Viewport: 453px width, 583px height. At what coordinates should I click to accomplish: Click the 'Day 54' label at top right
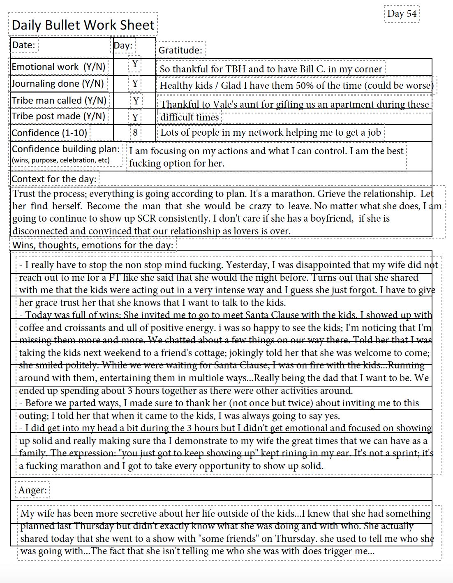(402, 14)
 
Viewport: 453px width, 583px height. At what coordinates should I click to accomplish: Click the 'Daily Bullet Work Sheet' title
(83, 25)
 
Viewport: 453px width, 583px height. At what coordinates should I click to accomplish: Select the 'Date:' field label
(24, 45)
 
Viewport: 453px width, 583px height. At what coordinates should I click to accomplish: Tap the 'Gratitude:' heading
(180, 50)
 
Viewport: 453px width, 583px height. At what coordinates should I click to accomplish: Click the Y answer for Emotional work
(135, 64)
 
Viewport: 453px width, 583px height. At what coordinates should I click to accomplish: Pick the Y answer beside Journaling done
(135, 84)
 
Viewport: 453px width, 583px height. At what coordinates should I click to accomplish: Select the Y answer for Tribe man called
(136, 101)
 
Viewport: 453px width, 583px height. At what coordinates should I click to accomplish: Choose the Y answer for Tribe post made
(135, 118)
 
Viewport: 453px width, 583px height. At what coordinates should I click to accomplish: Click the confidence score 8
(135, 133)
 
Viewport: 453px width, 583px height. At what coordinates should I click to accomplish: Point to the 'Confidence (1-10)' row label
(50, 133)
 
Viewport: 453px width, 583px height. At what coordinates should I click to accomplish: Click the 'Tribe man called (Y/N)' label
(59, 100)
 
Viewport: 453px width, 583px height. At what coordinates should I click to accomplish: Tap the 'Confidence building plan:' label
(66, 149)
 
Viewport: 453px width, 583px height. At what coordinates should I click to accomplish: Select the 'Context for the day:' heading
(54, 179)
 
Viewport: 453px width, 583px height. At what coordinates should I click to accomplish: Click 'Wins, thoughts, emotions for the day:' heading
(93, 245)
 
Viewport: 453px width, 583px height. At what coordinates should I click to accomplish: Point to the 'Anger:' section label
(32, 490)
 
